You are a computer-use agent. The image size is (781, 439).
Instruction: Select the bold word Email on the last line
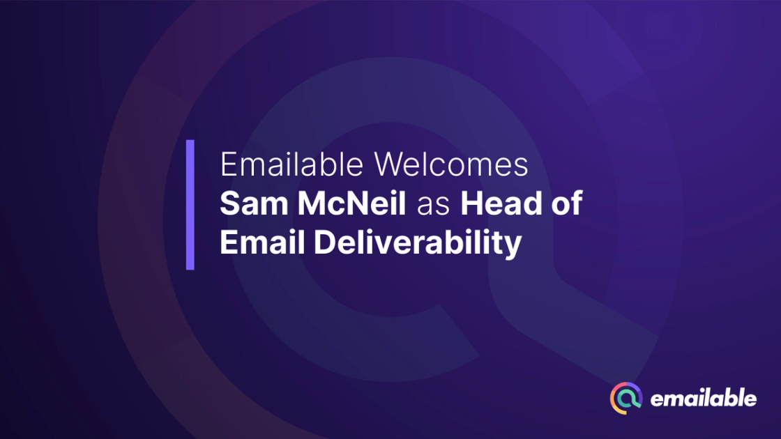tap(261, 243)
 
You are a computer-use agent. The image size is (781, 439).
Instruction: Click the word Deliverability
tap(417, 243)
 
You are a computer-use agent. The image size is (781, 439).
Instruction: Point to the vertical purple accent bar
tap(190, 205)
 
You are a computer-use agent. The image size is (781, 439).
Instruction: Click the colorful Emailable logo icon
tap(626, 398)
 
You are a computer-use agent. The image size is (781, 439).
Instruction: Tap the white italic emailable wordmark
tap(703, 399)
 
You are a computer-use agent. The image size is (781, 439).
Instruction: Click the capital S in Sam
tap(229, 205)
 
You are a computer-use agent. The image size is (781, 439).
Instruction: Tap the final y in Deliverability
tap(513, 247)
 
